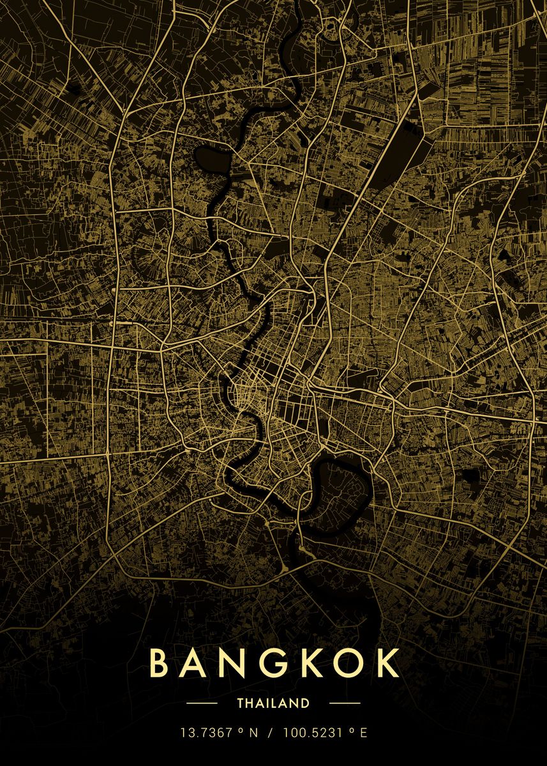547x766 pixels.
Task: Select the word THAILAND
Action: pos(273,703)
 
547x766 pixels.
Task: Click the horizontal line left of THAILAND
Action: pos(202,703)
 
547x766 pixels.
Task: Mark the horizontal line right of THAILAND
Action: pos(345,703)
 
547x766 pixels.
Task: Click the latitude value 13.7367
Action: pos(206,733)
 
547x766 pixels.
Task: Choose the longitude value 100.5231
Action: pos(311,733)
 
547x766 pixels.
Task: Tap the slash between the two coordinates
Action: pos(270,733)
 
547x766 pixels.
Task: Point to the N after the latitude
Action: pos(253,733)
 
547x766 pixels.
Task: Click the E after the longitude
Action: pos(363,733)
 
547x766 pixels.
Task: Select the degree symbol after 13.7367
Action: pos(241,730)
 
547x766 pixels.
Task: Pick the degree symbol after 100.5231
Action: pos(351,730)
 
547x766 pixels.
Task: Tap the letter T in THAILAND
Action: pos(240,703)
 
